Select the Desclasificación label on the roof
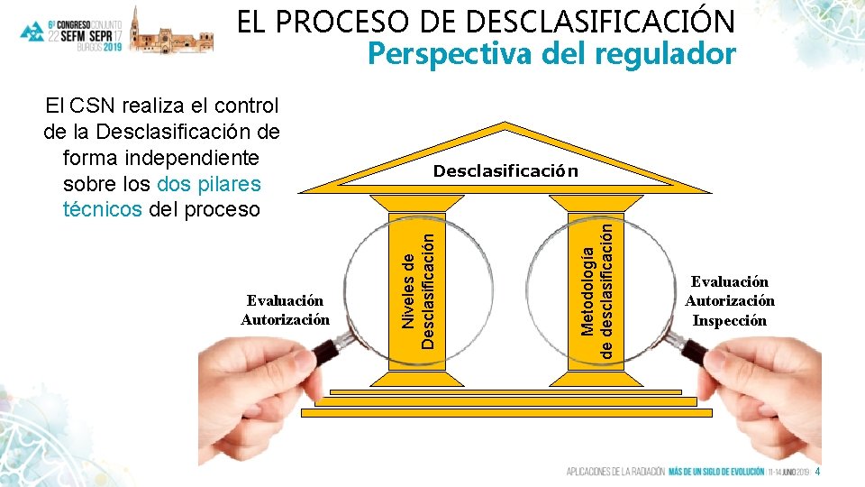pos(505,170)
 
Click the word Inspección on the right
pos(729,320)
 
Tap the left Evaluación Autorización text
pos(286,309)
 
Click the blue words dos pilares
pos(208,184)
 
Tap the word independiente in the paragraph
pos(161,158)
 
